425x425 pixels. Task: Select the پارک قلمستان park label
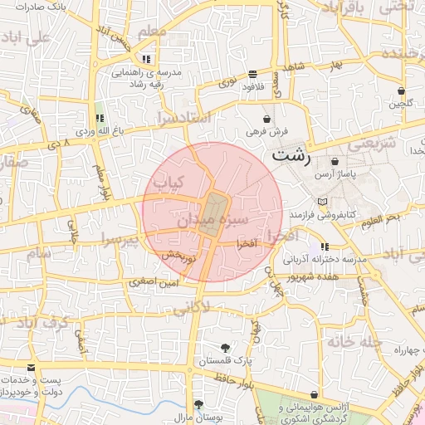click(226, 362)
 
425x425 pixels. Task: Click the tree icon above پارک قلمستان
click(226, 348)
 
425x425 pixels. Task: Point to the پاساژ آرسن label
click(335, 175)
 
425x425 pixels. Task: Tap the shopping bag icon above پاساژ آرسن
click(335, 161)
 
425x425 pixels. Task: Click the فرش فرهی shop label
click(266, 132)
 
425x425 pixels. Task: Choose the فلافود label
click(252, 85)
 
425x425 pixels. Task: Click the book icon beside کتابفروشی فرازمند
click(322, 202)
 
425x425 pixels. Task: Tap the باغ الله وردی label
click(100, 131)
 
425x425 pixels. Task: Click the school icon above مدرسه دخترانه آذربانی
click(325, 246)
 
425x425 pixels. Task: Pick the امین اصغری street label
click(153, 283)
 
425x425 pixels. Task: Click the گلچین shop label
click(402, 105)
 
